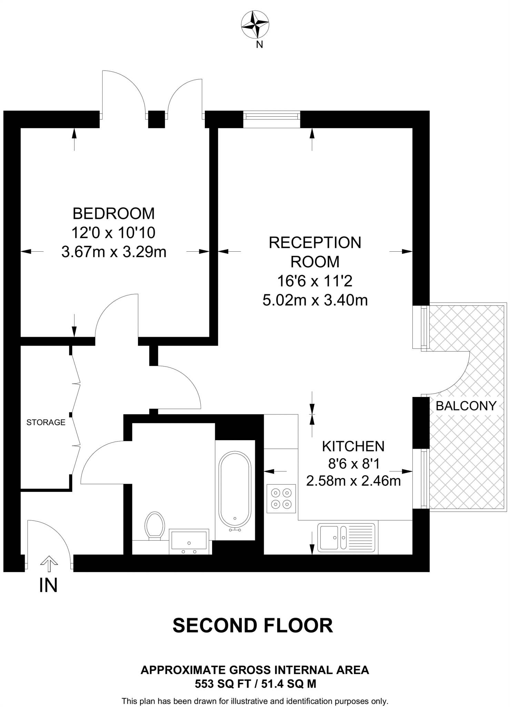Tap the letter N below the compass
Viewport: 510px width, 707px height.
coord(259,45)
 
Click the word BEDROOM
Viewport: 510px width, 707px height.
coord(113,214)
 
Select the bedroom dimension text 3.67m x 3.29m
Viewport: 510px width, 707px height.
coord(114,252)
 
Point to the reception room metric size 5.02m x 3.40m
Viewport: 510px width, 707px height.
coord(315,300)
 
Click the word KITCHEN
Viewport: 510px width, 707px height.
coord(353,446)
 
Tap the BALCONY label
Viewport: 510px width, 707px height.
coord(466,406)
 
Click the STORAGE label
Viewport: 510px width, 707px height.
coord(46,422)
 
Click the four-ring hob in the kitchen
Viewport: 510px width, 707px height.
coord(281,498)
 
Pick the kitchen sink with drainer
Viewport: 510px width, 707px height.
coord(346,537)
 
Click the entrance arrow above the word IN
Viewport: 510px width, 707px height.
coord(49,565)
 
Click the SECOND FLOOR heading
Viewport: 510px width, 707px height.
coord(253,626)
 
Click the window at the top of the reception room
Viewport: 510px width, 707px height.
coord(271,119)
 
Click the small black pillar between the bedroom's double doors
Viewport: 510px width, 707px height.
coord(157,119)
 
